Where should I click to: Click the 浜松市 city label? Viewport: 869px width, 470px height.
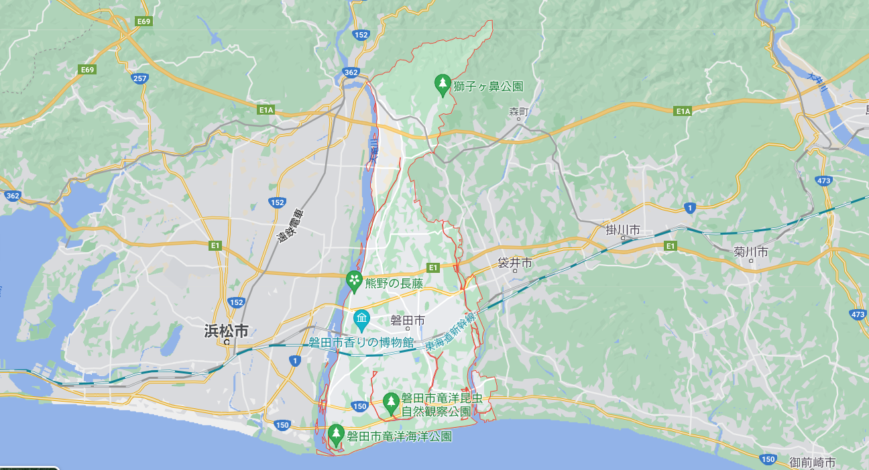click(227, 331)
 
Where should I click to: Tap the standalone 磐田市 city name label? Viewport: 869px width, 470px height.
click(408, 321)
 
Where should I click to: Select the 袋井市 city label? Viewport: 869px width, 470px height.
click(515, 263)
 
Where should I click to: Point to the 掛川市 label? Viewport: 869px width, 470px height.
click(623, 231)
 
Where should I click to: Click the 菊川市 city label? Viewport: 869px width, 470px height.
click(750, 252)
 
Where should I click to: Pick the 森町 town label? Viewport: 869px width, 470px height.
click(519, 111)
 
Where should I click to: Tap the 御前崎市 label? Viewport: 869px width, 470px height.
click(813, 462)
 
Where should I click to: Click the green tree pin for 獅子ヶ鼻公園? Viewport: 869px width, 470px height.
click(442, 84)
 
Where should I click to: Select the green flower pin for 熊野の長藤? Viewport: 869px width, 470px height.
click(354, 281)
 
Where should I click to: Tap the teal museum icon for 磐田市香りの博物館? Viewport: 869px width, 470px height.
click(362, 318)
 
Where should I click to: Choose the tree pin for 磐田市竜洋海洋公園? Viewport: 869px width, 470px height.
click(336, 434)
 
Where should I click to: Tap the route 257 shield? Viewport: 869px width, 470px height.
click(140, 78)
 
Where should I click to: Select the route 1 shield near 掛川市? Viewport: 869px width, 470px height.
click(689, 208)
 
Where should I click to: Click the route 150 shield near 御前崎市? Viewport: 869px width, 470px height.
click(768, 459)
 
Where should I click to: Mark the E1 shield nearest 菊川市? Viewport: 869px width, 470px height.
click(671, 246)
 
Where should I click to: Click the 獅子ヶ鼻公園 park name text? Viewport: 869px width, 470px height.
click(487, 86)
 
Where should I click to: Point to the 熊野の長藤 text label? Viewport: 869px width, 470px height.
click(394, 283)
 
